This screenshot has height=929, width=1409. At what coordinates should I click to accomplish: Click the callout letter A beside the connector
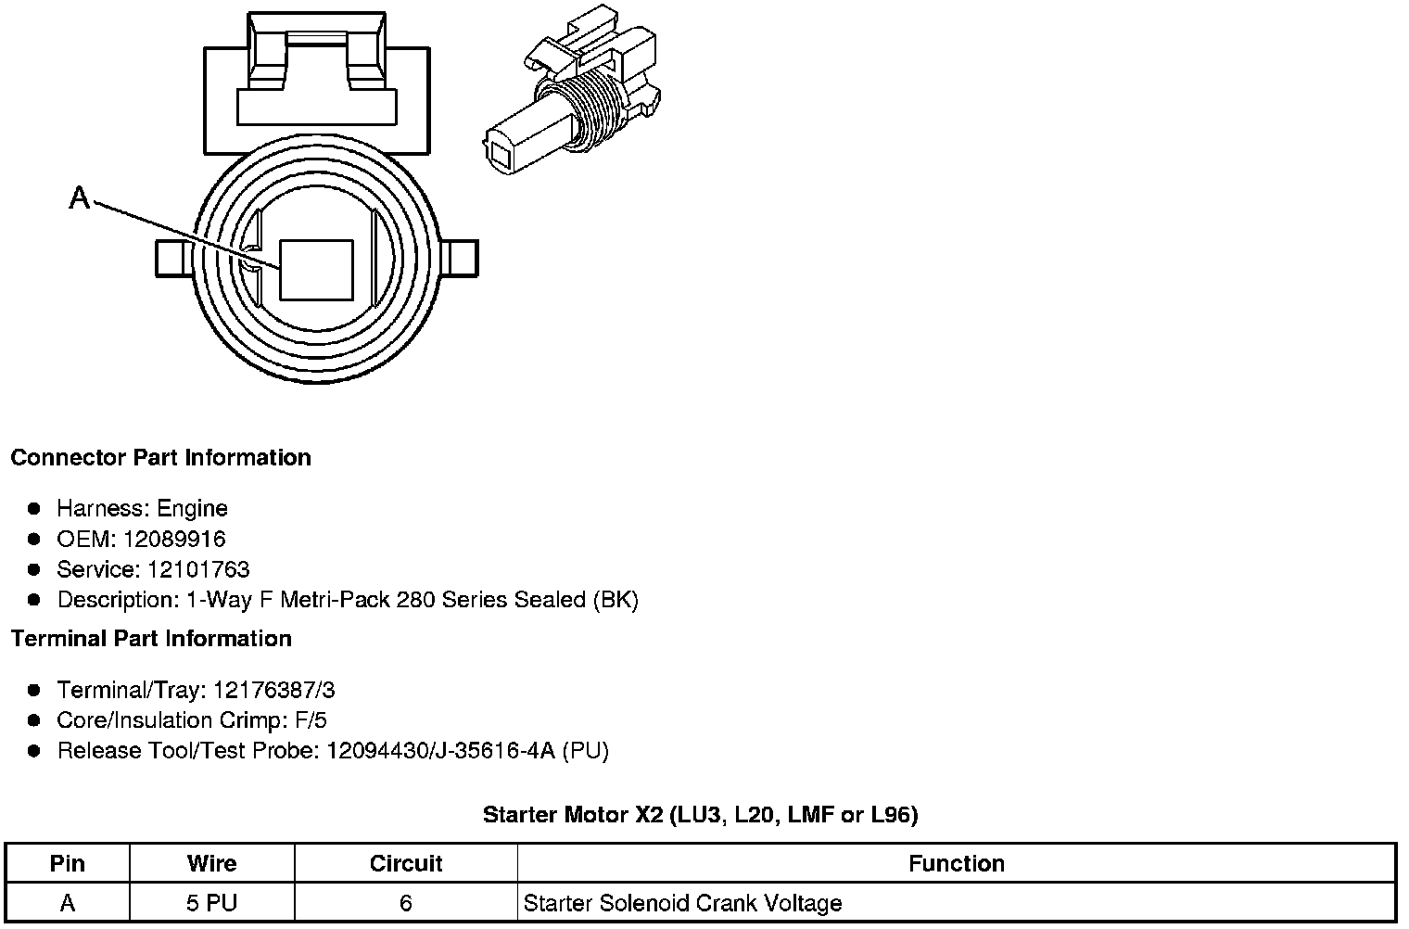coord(80,197)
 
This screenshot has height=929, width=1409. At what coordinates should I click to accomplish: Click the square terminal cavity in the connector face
coord(316,270)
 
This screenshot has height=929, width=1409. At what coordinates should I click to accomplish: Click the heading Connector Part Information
coord(160,458)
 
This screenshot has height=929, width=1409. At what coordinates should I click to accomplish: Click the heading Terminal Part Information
coord(151,639)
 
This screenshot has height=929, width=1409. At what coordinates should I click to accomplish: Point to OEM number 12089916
coord(174,539)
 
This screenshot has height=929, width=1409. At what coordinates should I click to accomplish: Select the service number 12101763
coord(198,569)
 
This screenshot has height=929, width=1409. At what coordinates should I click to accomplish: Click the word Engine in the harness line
coord(192,508)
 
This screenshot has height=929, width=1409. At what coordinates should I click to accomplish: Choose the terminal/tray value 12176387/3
coord(273,690)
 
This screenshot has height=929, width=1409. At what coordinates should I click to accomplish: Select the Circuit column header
coord(405,863)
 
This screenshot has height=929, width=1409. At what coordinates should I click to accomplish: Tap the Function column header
coord(956,863)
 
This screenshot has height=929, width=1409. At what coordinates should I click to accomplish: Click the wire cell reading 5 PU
coord(211,902)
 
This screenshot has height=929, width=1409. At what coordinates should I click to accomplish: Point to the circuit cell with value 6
coord(405,902)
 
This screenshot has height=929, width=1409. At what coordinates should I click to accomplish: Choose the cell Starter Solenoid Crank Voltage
coord(682,902)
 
